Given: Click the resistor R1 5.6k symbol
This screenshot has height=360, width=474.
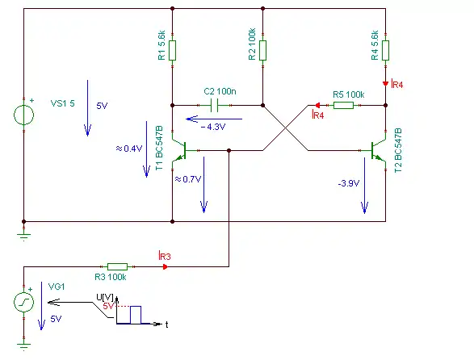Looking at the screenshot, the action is pos(172,50).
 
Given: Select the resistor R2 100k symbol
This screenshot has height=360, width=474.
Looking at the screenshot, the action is pos(262,50).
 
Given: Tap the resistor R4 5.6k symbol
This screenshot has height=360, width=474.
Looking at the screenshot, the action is pos(385,50).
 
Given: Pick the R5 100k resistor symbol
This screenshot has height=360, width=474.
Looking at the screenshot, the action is pos(343,105).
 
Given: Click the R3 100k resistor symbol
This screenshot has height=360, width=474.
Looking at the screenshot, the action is pos(118,266).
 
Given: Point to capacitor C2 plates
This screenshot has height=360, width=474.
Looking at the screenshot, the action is pos(214,106).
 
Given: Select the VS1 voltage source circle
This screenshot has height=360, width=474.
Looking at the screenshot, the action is pos(24,115).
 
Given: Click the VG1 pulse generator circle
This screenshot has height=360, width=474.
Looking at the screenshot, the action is pos(24,302).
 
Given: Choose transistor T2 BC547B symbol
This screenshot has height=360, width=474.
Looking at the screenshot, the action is pos(379,150).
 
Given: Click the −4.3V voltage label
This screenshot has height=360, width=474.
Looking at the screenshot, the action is pos(213,127).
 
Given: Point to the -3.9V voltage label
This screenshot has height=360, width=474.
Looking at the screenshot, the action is pos(349,183).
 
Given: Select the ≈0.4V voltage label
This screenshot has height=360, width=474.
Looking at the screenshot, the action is pos(128,149).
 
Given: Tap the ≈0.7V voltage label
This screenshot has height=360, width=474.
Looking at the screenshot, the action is pos(187,179).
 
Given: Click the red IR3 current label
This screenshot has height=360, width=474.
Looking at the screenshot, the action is pos(165,256).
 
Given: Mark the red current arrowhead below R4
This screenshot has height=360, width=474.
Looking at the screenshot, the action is pos(385,83).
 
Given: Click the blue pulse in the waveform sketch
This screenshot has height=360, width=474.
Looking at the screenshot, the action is pos(136,315).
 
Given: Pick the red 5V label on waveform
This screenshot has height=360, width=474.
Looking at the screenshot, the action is pos(108,306).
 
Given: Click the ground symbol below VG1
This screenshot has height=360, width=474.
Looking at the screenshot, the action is pos(24,345).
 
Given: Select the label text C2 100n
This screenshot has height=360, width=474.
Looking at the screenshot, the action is pos(220,91).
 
